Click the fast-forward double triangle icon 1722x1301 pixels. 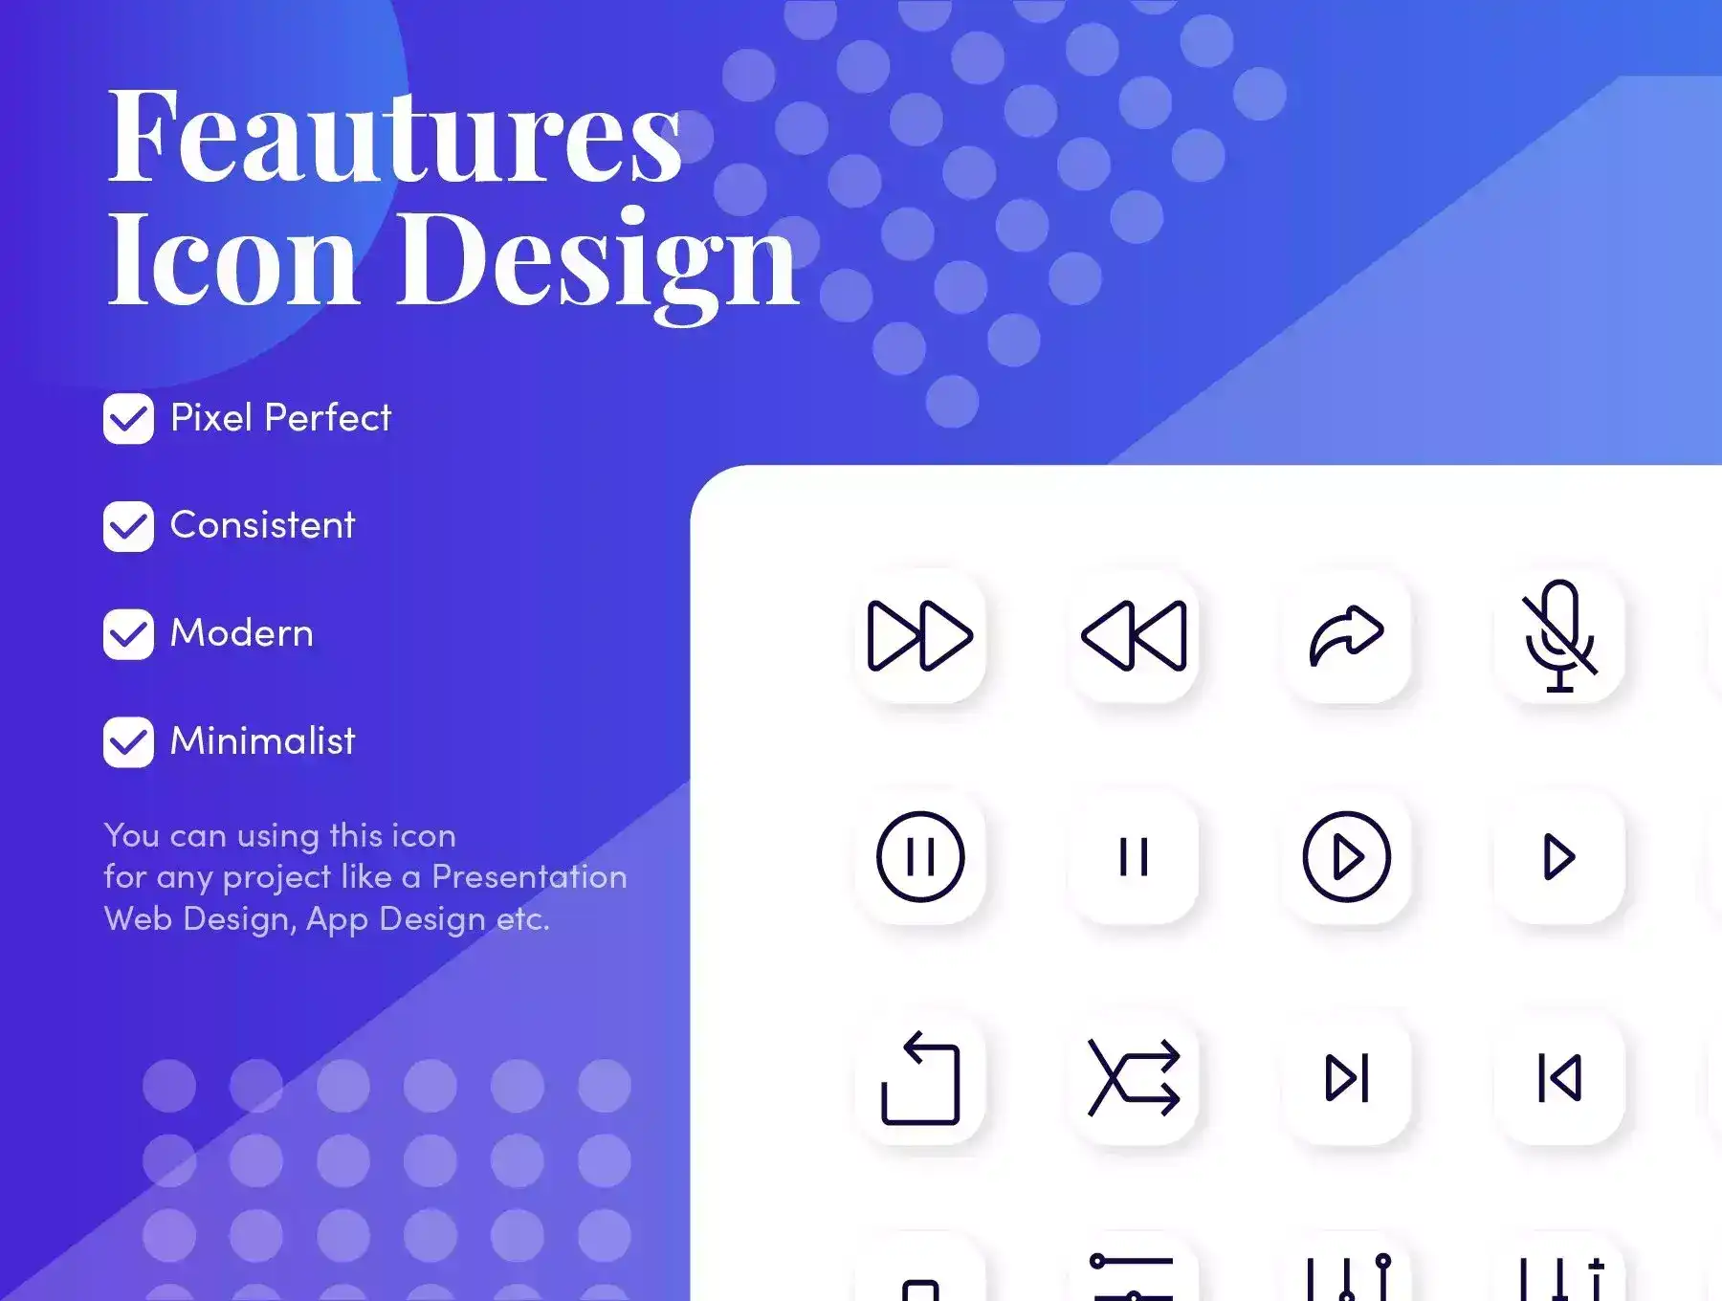(x=919, y=635)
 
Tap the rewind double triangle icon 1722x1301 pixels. (x=1134, y=635)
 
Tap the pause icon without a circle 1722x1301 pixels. (x=1134, y=857)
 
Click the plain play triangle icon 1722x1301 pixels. (x=1558, y=857)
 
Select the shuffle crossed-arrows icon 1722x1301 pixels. (x=1134, y=1078)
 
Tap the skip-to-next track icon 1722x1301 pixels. (x=1347, y=1078)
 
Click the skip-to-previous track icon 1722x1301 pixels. (x=1559, y=1078)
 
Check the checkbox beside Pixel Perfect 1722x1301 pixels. (x=128, y=419)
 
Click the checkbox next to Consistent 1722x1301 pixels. (x=128, y=526)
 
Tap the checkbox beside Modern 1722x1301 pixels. (x=128, y=634)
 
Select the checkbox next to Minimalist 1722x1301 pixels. (x=128, y=742)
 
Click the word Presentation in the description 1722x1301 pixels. (x=529, y=876)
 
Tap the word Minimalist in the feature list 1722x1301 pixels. (x=262, y=740)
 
